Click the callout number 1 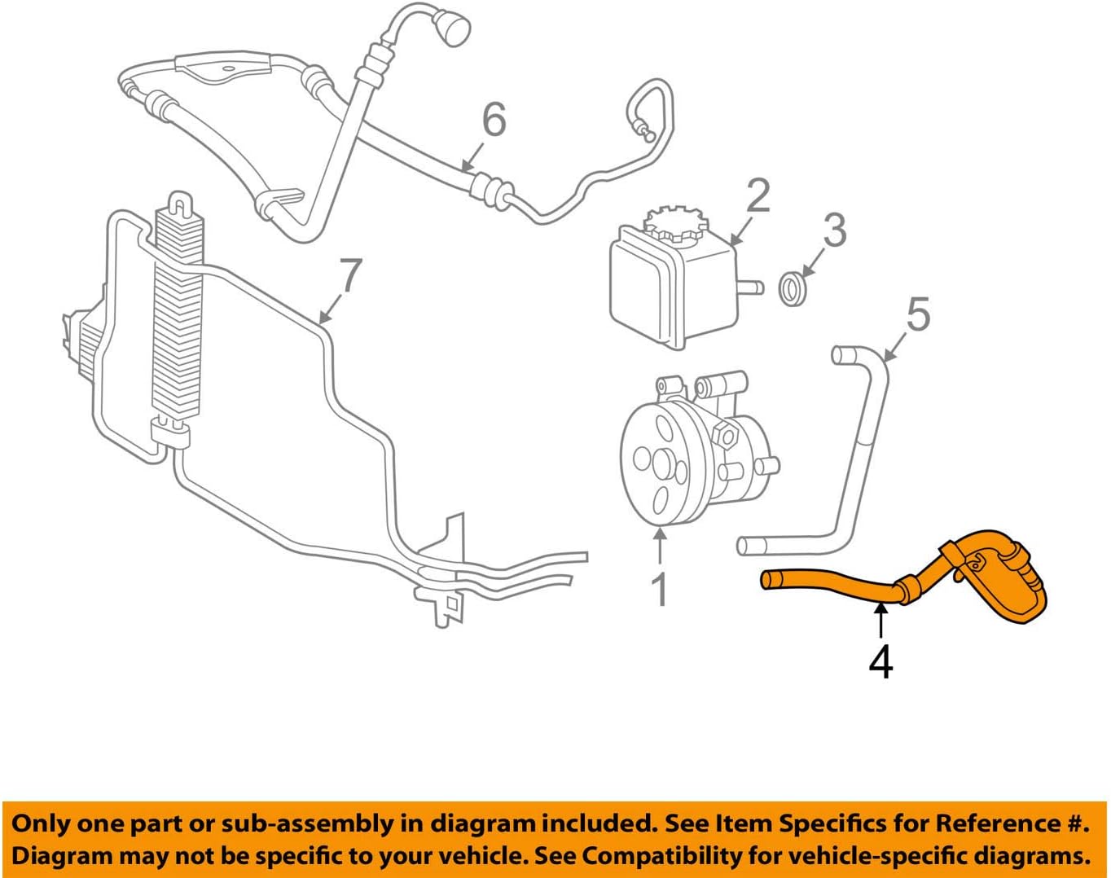660,589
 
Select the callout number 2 757,196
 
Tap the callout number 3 834,230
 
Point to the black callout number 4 880,661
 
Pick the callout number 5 918,314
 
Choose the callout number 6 494,120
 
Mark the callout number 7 350,275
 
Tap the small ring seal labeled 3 793,289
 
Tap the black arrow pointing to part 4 880,621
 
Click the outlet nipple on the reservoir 750,287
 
